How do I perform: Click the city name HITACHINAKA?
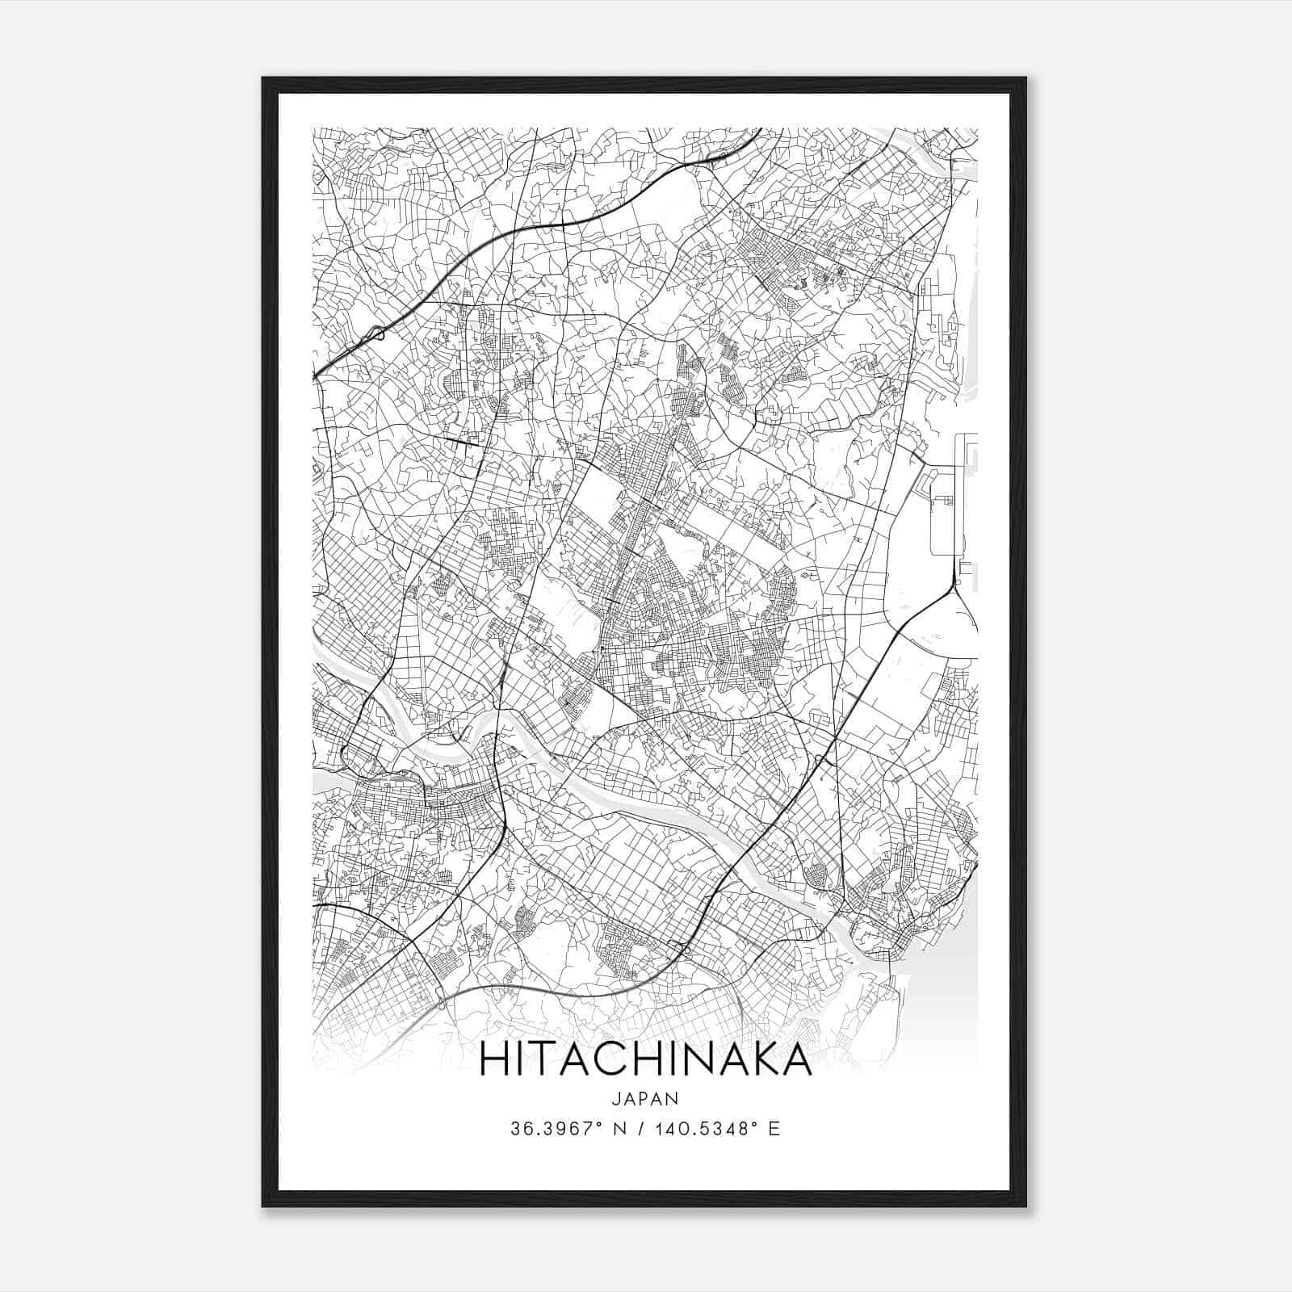pyautogui.click(x=645, y=1059)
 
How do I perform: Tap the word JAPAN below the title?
pyautogui.click(x=645, y=1098)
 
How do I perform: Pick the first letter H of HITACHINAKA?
pyautogui.click(x=494, y=1059)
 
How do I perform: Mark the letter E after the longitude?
pyautogui.click(x=774, y=1129)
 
